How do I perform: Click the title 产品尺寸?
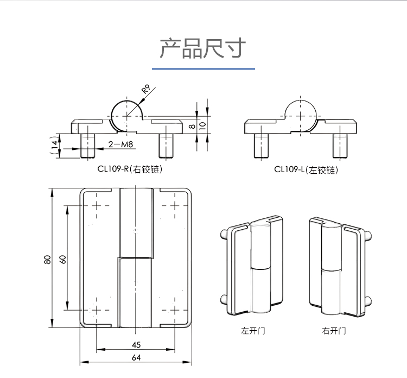(203, 48)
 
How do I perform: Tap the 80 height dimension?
(48, 259)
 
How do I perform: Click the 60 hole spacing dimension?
(63, 259)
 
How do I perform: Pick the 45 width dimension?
(136, 344)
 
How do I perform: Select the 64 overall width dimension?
(136, 357)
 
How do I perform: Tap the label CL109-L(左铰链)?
(306, 169)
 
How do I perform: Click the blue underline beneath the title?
(203, 69)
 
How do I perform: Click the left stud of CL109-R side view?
(88, 144)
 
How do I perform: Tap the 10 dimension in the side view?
(202, 124)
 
